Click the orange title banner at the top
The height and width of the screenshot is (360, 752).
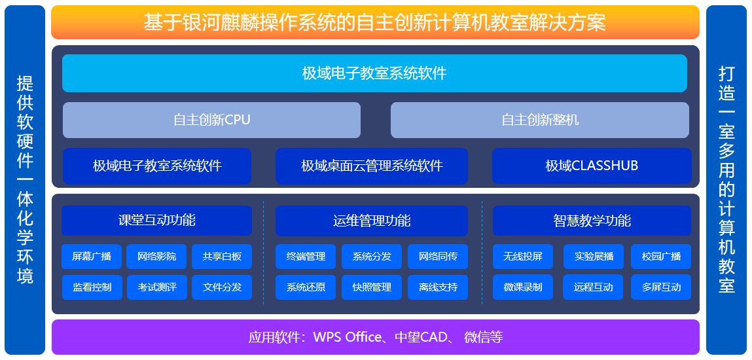(374, 23)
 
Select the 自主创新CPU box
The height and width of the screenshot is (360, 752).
(211, 120)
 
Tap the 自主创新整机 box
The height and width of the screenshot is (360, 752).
(539, 120)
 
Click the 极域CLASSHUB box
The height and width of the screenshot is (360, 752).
(591, 166)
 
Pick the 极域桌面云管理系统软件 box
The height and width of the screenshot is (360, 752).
(372, 166)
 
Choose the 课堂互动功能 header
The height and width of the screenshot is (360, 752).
(156, 220)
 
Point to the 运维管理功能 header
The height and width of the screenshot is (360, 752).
(372, 221)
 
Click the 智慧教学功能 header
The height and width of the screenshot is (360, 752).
(592, 221)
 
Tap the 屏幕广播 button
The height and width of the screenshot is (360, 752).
(92, 257)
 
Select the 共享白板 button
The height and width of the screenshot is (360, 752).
(222, 257)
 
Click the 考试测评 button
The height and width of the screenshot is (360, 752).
(156, 287)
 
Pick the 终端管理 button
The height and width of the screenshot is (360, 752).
(306, 257)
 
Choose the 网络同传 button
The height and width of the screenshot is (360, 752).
(438, 257)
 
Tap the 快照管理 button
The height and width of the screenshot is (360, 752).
(372, 287)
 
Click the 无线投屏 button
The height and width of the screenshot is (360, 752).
(523, 257)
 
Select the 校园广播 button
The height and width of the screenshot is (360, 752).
(661, 257)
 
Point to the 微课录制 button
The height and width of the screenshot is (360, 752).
(523, 287)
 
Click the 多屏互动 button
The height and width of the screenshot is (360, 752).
(661, 287)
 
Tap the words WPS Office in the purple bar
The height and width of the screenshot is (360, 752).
(347, 337)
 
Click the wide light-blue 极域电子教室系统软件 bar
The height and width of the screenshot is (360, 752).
(374, 73)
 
